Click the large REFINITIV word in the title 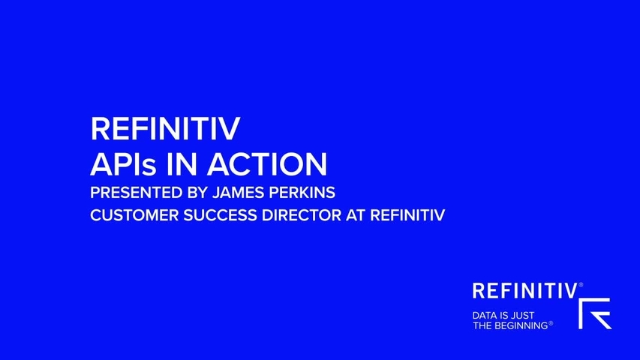[x=165, y=128]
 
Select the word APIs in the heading [x=123, y=164]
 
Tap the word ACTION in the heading [x=267, y=164]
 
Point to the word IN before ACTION [x=182, y=164]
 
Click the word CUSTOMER [x=134, y=215]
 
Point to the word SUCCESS [x=220, y=215]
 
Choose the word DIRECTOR [x=301, y=215]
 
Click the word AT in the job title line [x=356, y=215]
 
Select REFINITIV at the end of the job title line [x=407, y=215]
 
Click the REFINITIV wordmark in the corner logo [x=525, y=291]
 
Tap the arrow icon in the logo [x=595, y=313]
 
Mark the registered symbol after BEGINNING [x=551, y=324]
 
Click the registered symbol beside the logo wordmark [x=581, y=285]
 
